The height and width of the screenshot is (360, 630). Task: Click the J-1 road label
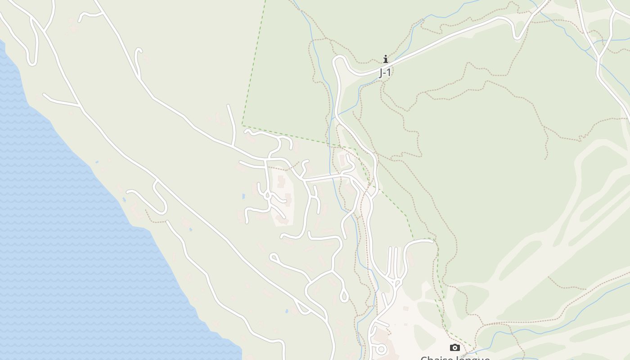(x=384, y=72)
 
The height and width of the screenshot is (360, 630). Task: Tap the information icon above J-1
(x=385, y=59)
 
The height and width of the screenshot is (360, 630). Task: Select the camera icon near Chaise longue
(x=455, y=347)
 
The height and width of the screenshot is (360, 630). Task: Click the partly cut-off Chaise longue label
(x=455, y=358)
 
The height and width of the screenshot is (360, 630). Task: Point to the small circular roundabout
(x=381, y=349)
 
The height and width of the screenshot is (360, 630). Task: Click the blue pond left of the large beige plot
(x=243, y=197)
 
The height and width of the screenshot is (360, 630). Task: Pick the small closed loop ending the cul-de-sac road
(x=273, y=257)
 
